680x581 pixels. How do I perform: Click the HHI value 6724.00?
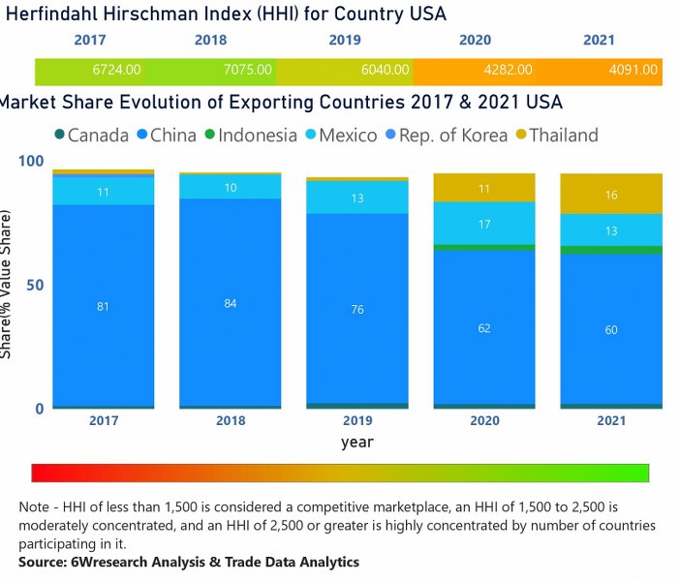(x=117, y=70)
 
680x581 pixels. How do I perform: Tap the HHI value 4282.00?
(x=508, y=70)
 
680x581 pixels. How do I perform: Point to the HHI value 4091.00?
(x=633, y=70)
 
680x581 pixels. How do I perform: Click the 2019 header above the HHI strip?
(x=346, y=41)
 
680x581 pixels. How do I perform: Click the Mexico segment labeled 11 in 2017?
(x=104, y=192)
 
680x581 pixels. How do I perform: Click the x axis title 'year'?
(x=357, y=442)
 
